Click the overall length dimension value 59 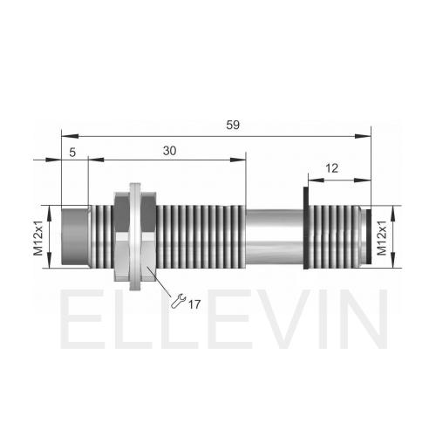click(233, 125)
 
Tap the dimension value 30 click(169, 151)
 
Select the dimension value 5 click(72, 153)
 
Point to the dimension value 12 click(332, 168)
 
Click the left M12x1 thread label click(38, 238)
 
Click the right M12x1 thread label click(382, 238)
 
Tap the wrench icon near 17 click(178, 301)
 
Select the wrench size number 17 click(194, 304)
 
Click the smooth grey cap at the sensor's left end click(75, 236)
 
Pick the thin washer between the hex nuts click(135, 236)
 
